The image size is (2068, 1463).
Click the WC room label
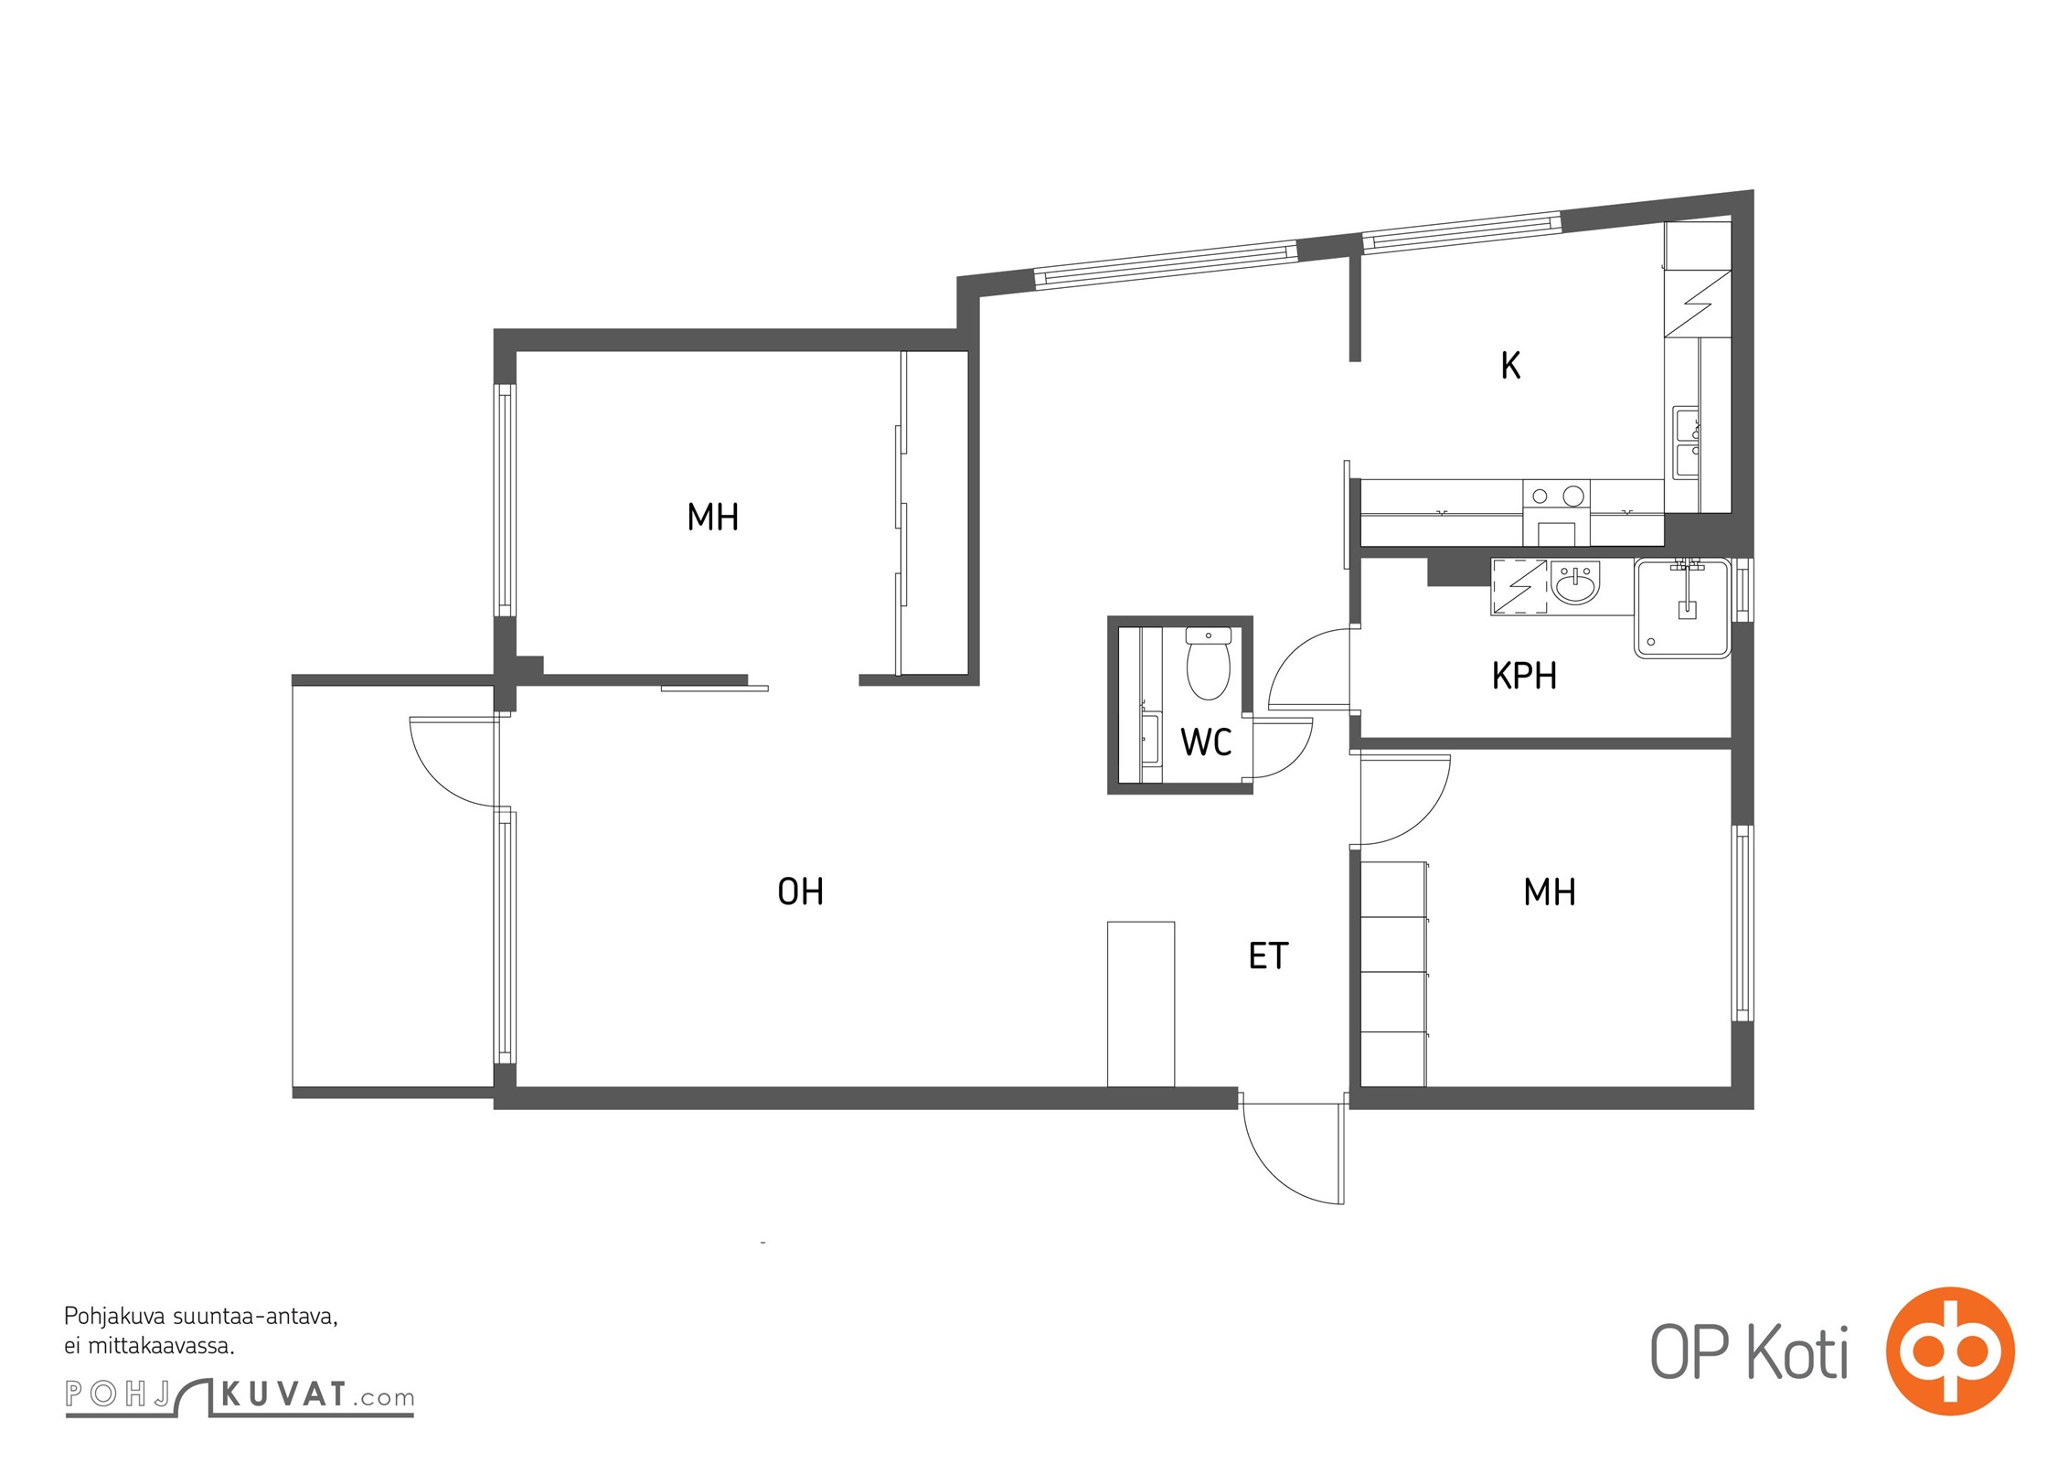click(1206, 742)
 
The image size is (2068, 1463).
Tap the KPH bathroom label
click(1524, 676)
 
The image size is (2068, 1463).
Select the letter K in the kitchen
click(1510, 366)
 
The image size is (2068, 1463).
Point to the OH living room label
click(800, 892)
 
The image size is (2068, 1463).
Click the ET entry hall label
click(1268, 956)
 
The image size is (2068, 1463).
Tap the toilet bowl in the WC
click(1208, 662)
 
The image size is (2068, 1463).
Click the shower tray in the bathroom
click(1682, 608)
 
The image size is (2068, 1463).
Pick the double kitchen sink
click(1687, 443)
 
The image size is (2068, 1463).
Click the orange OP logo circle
click(1951, 1351)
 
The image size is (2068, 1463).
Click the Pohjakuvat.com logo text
click(240, 1395)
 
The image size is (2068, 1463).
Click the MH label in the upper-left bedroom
click(713, 518)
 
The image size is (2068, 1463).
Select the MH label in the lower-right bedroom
click(1550, 892)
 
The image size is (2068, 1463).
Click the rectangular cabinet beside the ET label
click(1141, 1004)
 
